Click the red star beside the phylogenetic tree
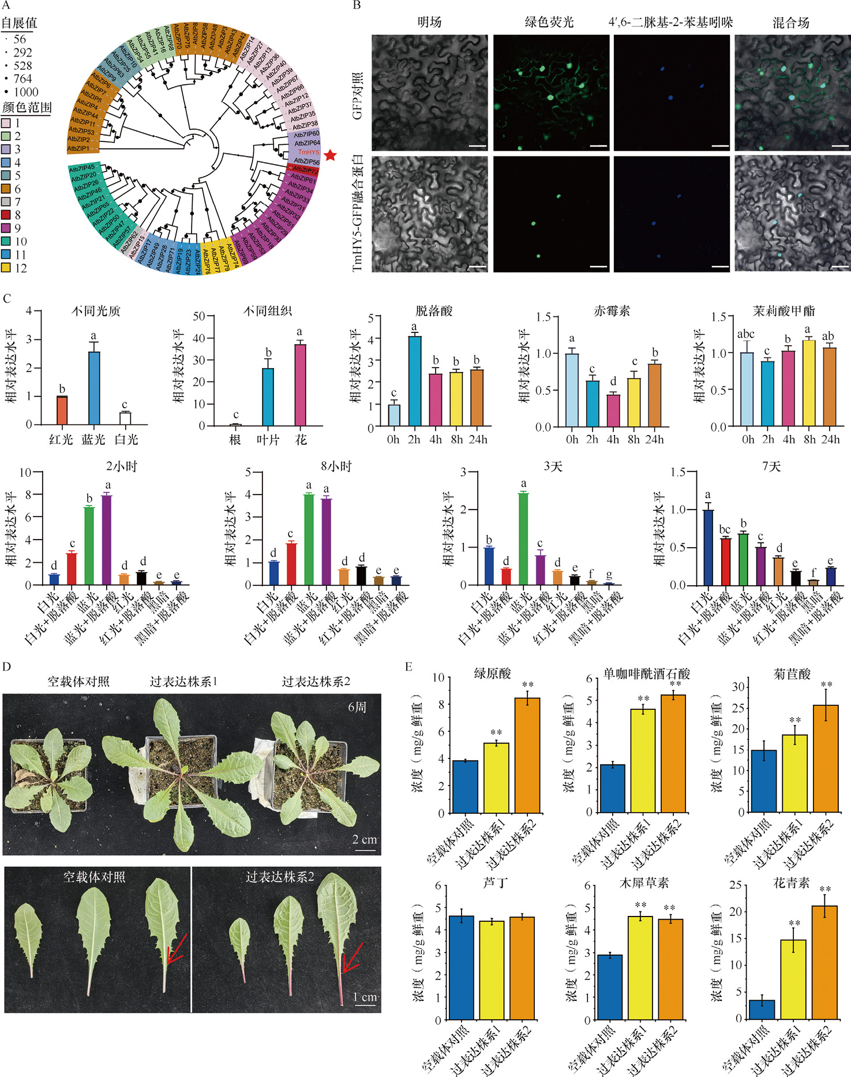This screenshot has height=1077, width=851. (330, 155)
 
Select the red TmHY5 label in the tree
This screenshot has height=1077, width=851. (309, 152)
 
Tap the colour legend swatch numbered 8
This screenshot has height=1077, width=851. (6, 215)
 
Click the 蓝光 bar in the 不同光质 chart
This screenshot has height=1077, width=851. (93, 388)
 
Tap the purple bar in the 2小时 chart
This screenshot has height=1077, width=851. (107, 540)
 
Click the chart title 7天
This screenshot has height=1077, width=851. (771, 466)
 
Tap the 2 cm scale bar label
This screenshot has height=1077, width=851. (365, 839)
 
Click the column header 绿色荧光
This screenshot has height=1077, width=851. (549, 23)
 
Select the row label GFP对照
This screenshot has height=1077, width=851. (358, 96)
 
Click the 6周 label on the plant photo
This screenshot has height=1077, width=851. (357, 707)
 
